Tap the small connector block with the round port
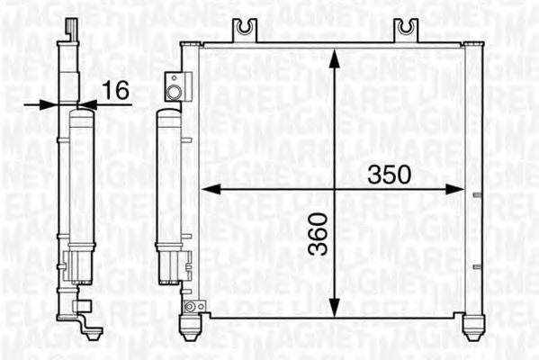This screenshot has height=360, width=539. pyautogui.click(x=175, y=88)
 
